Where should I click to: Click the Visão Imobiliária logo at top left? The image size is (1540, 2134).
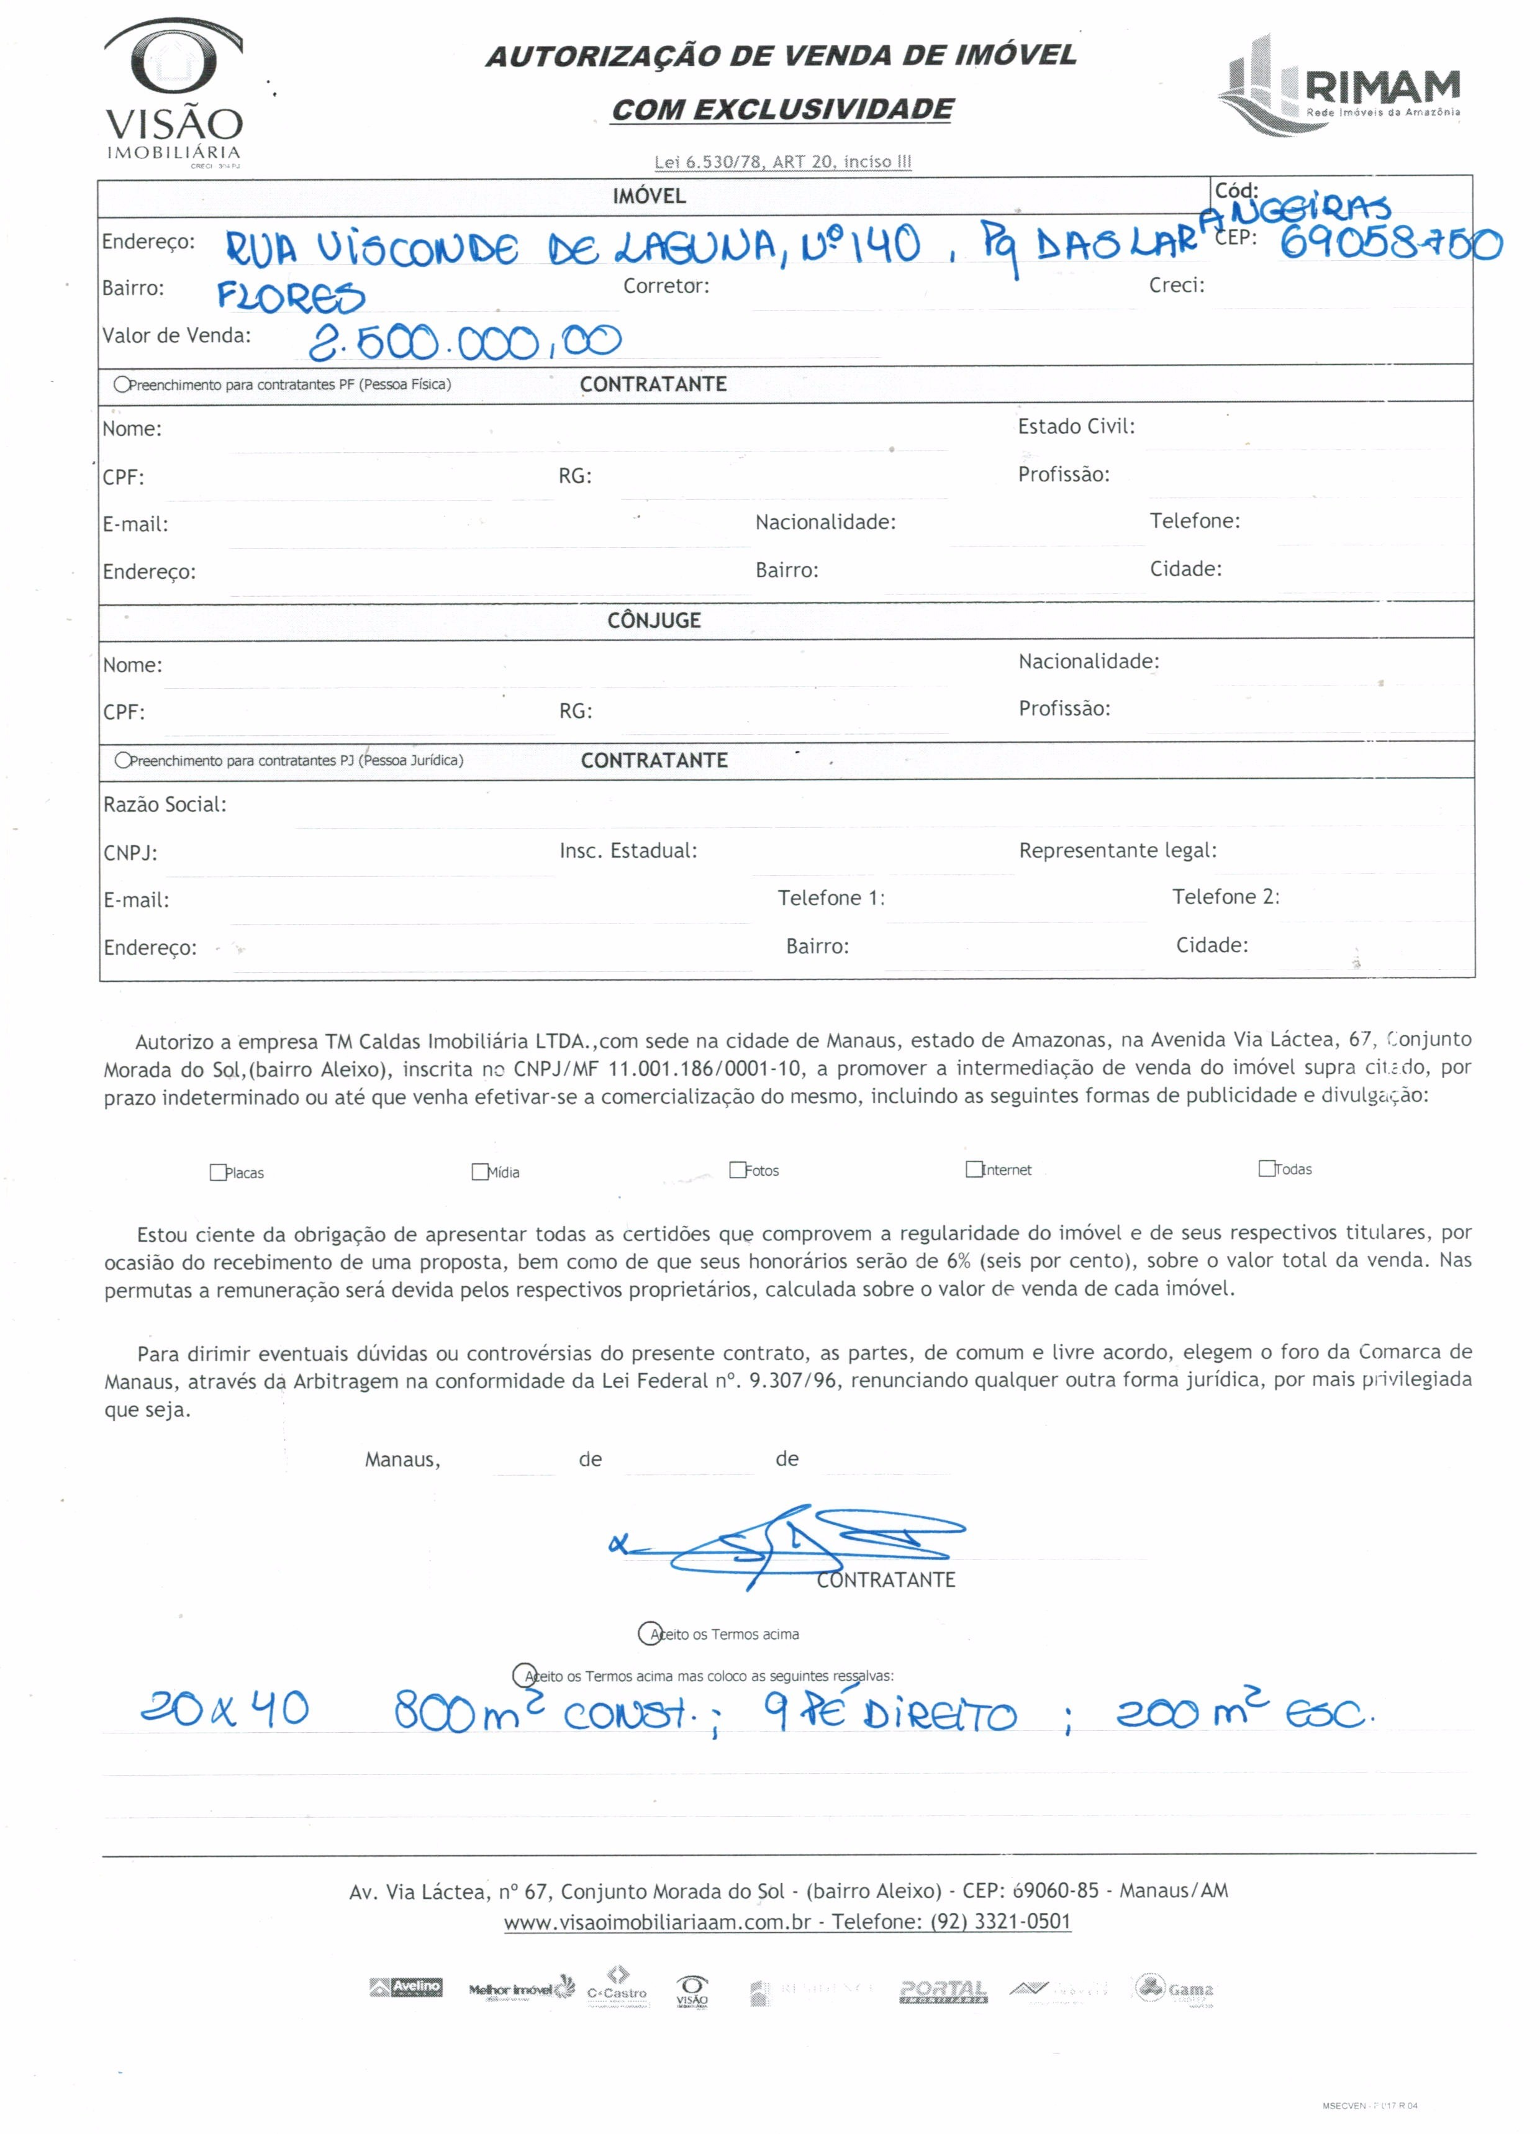[x=174, y=94]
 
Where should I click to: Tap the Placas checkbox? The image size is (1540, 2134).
[x=217, y=1173]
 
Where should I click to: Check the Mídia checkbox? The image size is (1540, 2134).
[x=480, y=1171]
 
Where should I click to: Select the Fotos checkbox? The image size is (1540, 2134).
[x=738, y=1169]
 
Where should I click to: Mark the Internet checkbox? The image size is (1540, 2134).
[x=974, y=1169]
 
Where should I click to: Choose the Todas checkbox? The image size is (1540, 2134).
[x=1267, y=1168]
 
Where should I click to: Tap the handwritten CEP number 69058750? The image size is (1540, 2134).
[x=1390, y=245]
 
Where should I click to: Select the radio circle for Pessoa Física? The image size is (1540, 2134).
[x=121, y=384]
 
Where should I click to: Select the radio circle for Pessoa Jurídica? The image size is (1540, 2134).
[x=122, y=760]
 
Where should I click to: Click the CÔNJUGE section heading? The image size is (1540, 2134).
[x=654, y=620]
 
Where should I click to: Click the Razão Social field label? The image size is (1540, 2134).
[x=165, y=804]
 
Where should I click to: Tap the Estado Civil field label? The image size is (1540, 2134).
[x=1076, y=426]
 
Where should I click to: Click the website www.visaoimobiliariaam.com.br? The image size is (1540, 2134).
[x=656, y=1922]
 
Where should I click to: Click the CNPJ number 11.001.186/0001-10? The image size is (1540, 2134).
[x=705, y=1068]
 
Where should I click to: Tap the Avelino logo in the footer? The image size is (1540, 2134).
[x=406, y=1988]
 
